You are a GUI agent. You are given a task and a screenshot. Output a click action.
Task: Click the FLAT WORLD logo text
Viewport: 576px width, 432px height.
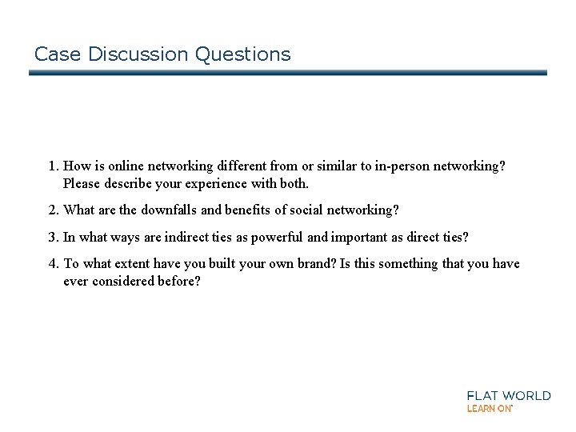click(x=509, y=395)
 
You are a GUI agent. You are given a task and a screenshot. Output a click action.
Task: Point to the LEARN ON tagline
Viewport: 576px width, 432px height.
click(x=490, y=408)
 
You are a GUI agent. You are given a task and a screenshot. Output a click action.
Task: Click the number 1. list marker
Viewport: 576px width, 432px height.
click(x=54, y=166)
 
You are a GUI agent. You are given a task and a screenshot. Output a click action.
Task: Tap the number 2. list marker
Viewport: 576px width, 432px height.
click(x=54, y=210)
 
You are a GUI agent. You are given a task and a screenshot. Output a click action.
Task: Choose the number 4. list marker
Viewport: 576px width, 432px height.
click(x=54, y=264)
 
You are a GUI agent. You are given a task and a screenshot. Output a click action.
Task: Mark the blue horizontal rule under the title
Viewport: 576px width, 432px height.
click(x=288, y=73)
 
